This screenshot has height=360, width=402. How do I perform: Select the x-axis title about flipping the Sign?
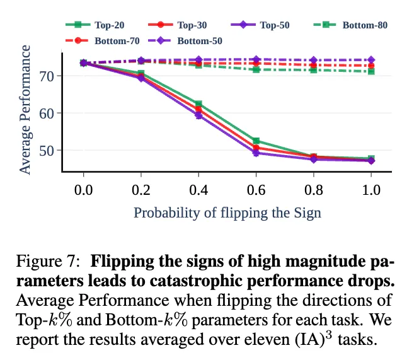click(x=227, y=212)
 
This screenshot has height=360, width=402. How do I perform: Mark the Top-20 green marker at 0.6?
click(x=256, y=141)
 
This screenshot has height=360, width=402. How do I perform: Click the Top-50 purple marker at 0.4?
click(x=198, y=115)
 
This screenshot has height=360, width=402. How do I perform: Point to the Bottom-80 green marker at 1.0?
click(x=371, y=71)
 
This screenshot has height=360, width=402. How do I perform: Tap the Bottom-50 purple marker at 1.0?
click(x=371, y=60)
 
